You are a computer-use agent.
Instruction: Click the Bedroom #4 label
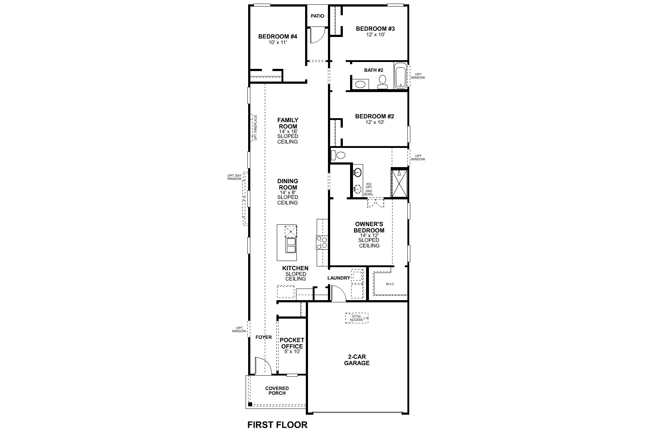278,37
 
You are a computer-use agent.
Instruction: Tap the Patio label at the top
317,16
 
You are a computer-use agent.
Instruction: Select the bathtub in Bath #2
401,75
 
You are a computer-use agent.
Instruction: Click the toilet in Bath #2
382,81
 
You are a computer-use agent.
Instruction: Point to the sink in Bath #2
360,84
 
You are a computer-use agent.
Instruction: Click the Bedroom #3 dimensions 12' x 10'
375,35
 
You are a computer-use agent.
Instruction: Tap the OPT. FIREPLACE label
255,128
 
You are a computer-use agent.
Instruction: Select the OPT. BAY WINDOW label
234,177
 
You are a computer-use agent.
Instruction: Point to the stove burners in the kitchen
322,243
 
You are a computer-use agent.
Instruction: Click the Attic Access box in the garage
356,318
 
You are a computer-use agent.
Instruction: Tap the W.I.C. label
390,284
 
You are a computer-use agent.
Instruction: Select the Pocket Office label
291,343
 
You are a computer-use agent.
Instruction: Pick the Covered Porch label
277,391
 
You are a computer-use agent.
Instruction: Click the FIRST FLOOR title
277,424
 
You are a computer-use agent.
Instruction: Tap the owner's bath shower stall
399,183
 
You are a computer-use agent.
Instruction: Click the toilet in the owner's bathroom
340,156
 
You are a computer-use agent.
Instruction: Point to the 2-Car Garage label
357,360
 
